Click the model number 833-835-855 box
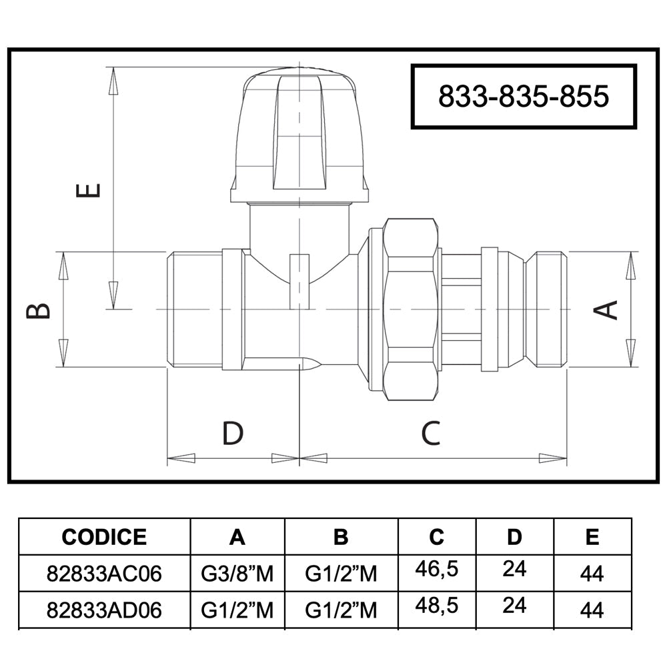(x=523, y=96)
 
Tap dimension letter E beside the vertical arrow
(x=88, y=190)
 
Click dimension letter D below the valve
(x=233, y=433)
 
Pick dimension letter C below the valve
(x=430, y=433)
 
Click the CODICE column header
(x=104, y=537)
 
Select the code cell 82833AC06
(x=104, y=574)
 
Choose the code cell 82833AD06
(x=104, y=610)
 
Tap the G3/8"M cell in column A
(x=237, y=574)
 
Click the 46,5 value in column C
(x=437, y=569)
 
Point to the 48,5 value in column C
(x=437, y=606)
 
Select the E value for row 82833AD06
(x=592, y=610)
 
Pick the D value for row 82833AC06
(x=514, y=569)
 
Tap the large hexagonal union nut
(x=410, y=309)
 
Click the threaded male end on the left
(x=194, y=309)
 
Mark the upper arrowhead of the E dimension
(x=113, y=81)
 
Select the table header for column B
(x=341, y=537)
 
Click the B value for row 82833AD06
(x=341, y=610)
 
